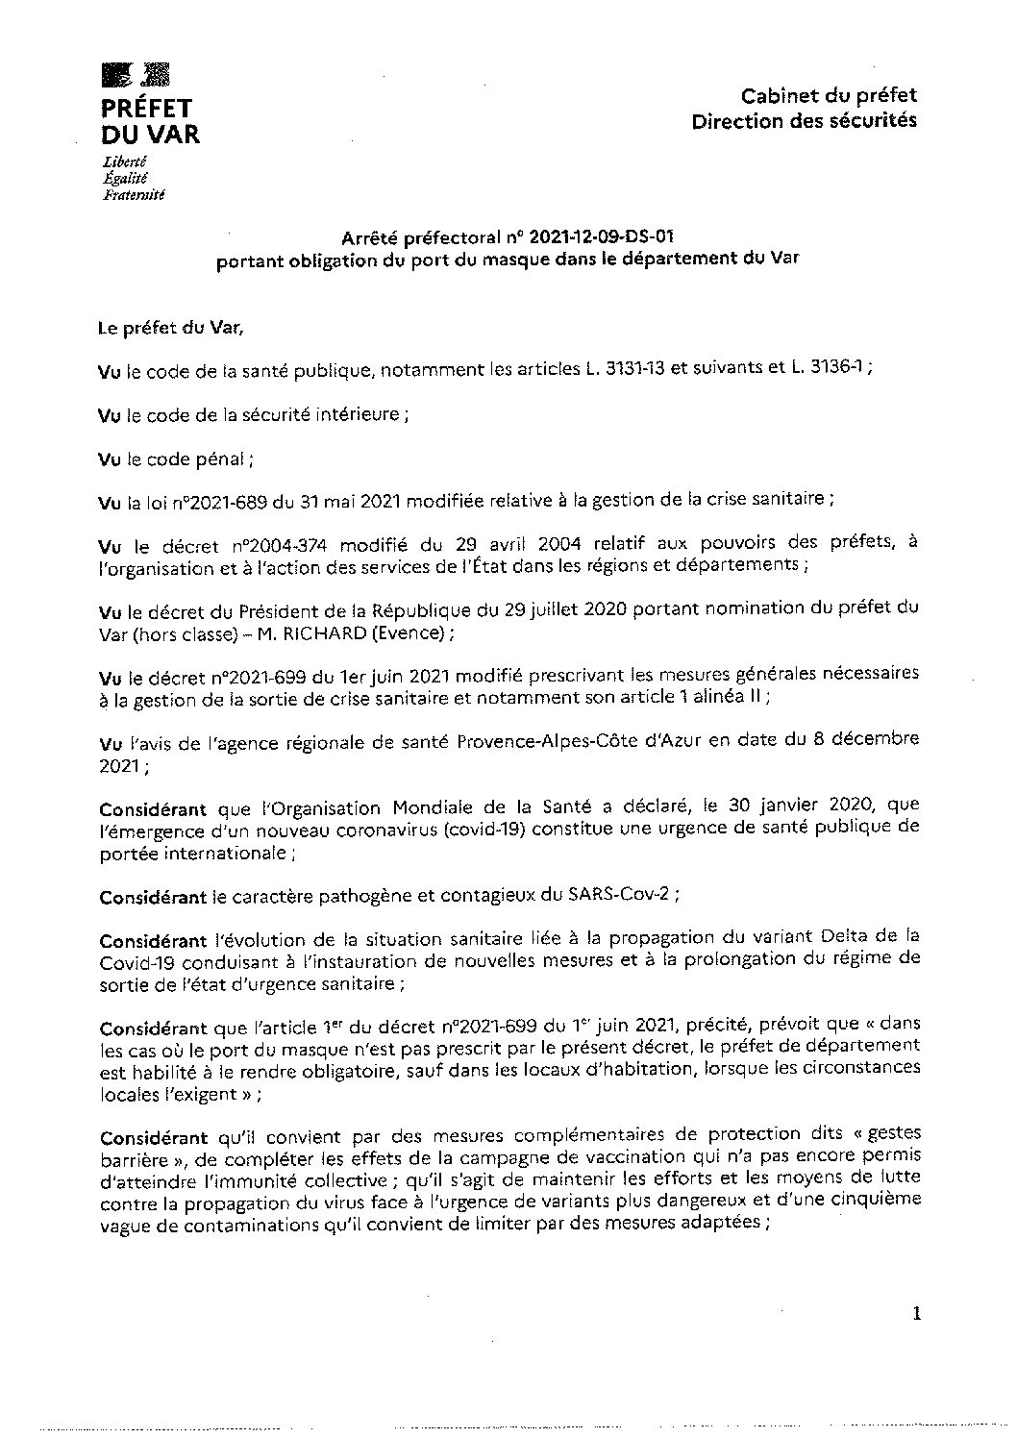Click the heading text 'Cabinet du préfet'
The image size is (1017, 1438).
[829, 95]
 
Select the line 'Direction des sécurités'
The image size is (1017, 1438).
[804, 120]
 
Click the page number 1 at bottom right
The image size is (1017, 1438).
[917, 1314]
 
